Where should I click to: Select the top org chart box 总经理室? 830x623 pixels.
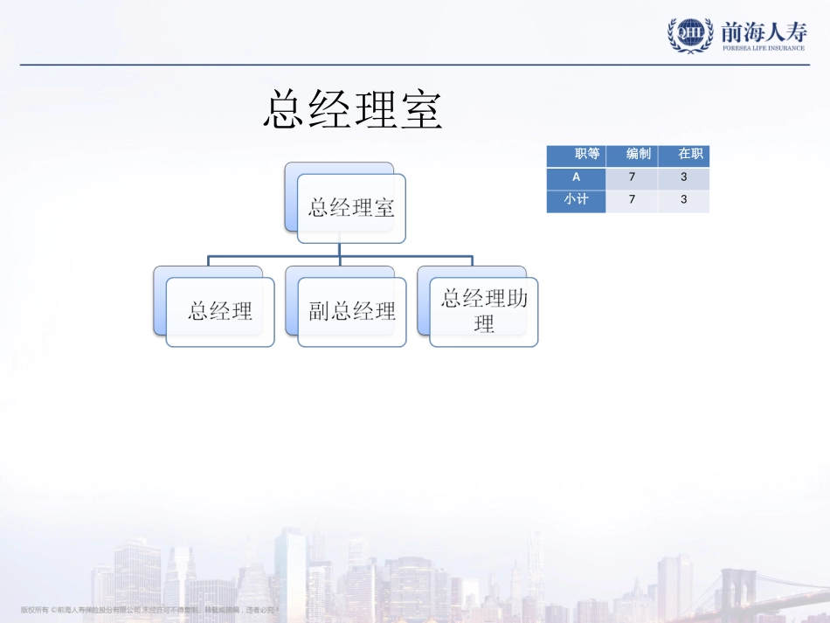[x=351, y=208]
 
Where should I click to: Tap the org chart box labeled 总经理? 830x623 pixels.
[x=220, y=312]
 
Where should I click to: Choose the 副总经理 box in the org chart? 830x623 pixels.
[x=352, y=312]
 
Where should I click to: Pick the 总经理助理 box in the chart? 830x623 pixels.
[x=484, y=312]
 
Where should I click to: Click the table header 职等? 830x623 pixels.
[x=587, y=155]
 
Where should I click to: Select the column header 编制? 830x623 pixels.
[x=638, y=155]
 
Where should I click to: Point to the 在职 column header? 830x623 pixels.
[x=690, y=155]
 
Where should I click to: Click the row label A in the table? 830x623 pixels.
[x=576, y=177]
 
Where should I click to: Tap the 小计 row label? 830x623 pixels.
[x=576, y=199]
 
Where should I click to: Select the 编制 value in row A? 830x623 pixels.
[x=632, y=177]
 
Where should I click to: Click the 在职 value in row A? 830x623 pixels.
[x=683, y=177]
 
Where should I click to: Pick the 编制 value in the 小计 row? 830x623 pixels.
[x=632, y=199]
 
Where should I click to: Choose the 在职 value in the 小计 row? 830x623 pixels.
[x=683, y=199]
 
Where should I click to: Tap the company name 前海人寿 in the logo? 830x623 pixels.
[x=764, y=31]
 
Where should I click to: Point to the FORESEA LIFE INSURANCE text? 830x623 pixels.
[x=764, y=48]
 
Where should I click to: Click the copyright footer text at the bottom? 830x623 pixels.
[x=149, y=609]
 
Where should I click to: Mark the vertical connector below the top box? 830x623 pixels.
[x=340, y=250]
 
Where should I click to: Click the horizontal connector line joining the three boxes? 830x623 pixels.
[x=280, y=257]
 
